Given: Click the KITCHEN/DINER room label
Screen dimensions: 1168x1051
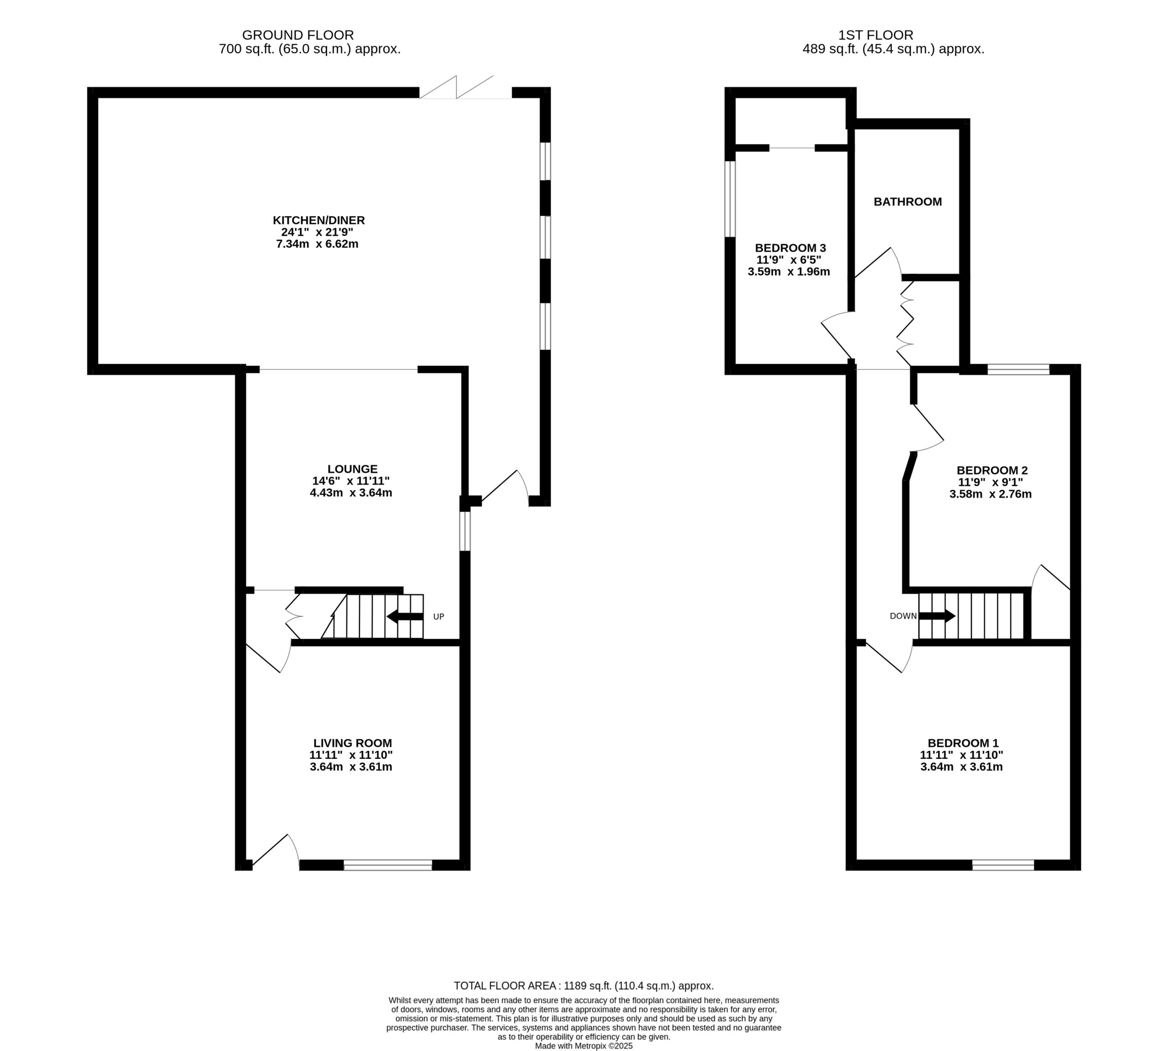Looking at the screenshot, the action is click(x=319, y=220).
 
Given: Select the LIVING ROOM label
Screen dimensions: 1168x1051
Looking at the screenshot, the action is click(x=353, y=743).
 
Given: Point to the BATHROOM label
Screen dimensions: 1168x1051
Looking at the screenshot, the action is click(x=907, y=202).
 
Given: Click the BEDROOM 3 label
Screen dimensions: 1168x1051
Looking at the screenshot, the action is click(x=790, y=248).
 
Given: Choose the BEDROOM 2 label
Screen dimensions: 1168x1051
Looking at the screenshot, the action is click(x=992, y=470).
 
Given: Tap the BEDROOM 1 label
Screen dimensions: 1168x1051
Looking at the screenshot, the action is click(x=963, y=743).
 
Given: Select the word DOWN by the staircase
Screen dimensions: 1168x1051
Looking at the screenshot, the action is click(x=903, y=616).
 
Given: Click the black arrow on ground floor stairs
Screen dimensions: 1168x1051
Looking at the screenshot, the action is click(x=405, y=616).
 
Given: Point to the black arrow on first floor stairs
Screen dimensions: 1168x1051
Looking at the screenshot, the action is click(x=937, y=616).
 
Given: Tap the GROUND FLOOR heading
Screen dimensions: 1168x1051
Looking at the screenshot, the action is click(x=298, y=35).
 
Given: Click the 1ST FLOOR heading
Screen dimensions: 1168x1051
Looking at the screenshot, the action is click(x=876, y=35).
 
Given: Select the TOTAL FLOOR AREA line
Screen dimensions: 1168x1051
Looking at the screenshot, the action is click(x=584, y=986).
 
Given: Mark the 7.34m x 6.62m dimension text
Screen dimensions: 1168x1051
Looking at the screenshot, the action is click(x=317, y=244).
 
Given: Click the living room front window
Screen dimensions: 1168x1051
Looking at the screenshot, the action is click(x=388, y=864).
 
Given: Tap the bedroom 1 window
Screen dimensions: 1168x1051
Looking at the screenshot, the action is click(x=1003, y=864).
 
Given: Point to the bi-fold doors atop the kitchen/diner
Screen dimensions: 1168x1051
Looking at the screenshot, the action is click(x=465, y=87).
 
